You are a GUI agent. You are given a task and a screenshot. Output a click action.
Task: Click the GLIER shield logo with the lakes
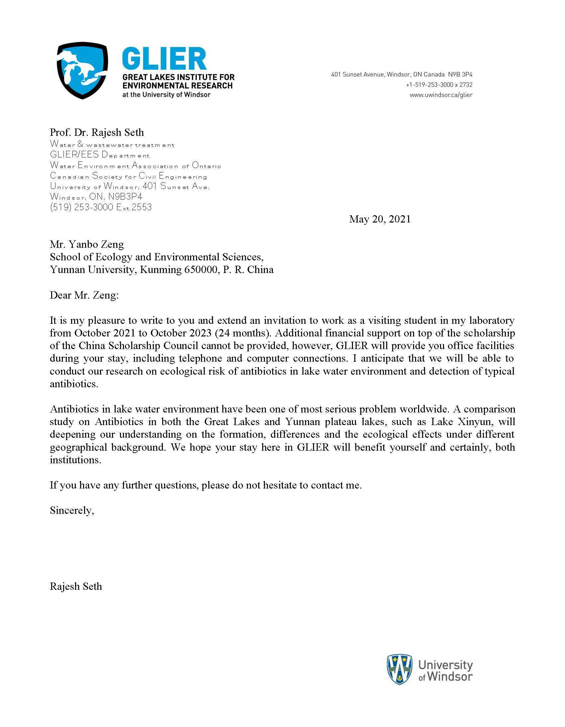pyautogui.click(x=82, y=70)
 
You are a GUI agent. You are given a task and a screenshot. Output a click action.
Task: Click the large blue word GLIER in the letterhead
pyautogui.click(x=164, y=59)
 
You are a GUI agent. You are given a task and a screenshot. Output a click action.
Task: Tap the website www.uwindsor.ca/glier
pyautogui.click(x=441, y=95)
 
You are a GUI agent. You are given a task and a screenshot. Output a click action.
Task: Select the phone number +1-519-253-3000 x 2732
pyautogui.click(x=439, y=85)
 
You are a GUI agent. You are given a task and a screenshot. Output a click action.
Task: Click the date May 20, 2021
pyautogui.click(x=380, y=219)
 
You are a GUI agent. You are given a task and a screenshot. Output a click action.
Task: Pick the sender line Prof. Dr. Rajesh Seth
pyautogui.click(x=97, y=133)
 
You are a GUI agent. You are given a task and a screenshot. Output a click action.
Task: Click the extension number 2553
pyautogui.click(x=142, y=207)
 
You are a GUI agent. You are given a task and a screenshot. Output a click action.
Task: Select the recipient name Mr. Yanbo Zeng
pyautogui.click(x=87, y=244)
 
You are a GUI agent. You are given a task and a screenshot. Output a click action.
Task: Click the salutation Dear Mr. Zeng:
pyautogui.click(x=84, y=295)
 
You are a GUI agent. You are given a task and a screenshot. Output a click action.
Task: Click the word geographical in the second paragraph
pyautogui.click(x=78, y=447)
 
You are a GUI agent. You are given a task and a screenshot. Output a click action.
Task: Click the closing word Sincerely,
pyautogui.click(x=72, y=510)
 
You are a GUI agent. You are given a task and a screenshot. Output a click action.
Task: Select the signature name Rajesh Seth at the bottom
pyautogui.click(x=76, y=586)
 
